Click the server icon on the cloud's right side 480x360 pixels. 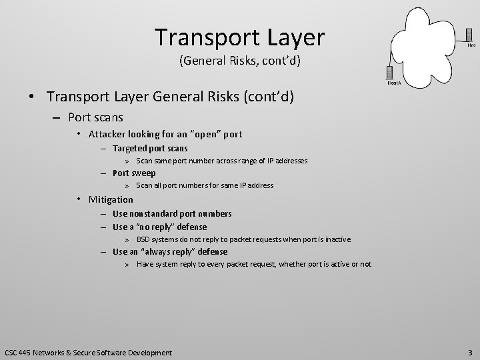pos(470,34)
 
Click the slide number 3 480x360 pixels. pos(469,351)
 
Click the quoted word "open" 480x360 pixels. pos(205,134)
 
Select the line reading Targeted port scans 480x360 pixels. pos(150,148)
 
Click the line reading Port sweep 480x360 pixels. pos(134,173)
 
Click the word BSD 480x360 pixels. pos(144,239)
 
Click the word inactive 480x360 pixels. pos(336,239)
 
